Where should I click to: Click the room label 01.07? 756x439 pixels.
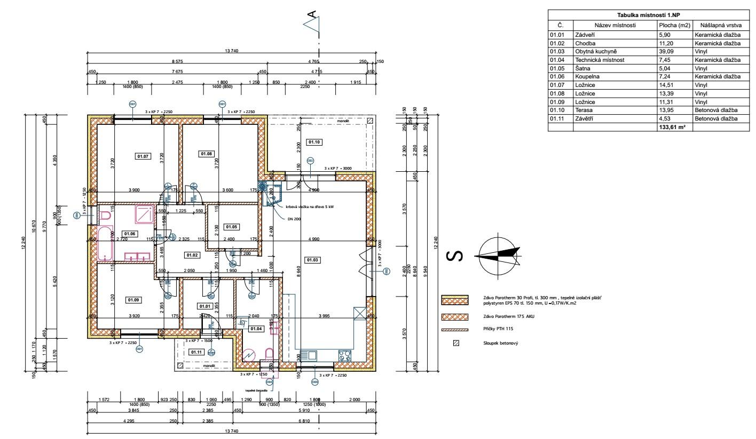tap(143, 156)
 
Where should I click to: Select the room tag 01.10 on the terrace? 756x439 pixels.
tap(313, 142)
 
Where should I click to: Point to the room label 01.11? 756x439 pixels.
tap(196, 352)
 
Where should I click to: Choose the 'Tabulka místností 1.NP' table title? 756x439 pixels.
tap(645, 17)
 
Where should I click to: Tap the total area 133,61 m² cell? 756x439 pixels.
tap(672, 127)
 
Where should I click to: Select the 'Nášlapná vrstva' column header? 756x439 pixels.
tap(716, 25)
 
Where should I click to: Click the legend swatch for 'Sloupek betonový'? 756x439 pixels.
tap(456, 343)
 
